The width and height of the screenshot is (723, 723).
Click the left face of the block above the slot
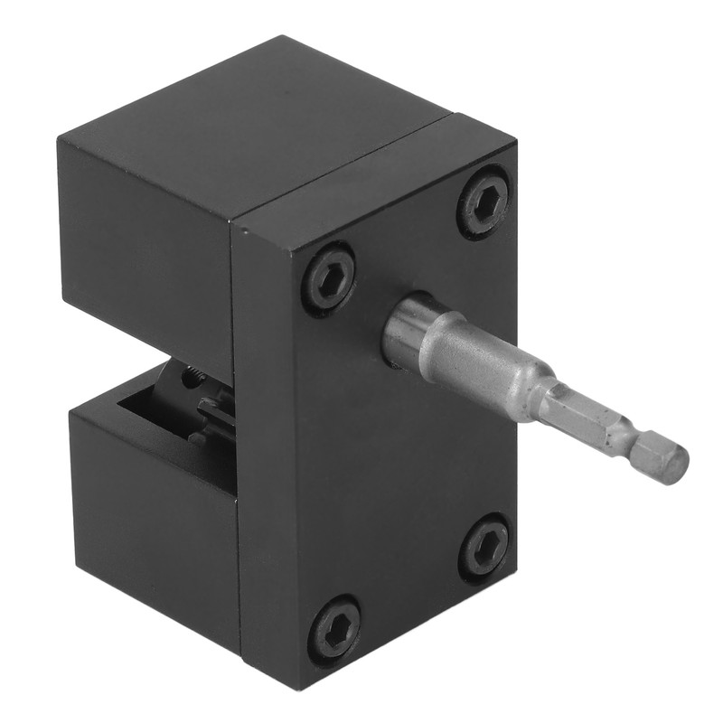click(x=145, y=244)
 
